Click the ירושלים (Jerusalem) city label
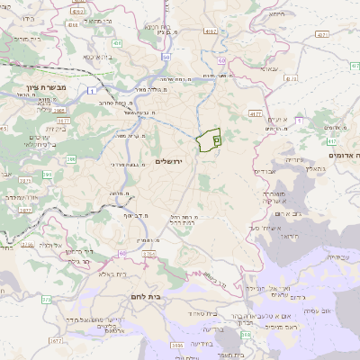coord(168,161)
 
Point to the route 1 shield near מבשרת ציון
coord(93,91)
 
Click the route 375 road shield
coord(26,243)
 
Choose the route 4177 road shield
coord(255,114)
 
